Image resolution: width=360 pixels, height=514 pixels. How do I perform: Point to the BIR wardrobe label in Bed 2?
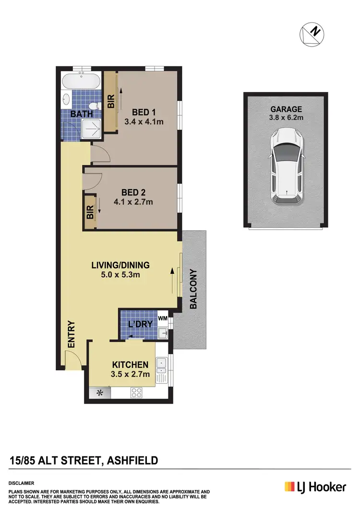click(x=90, y=213)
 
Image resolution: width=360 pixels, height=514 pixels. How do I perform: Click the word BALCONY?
click(x=194, y=289)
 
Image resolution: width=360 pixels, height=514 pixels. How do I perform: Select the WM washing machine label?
click(x=162, y=318)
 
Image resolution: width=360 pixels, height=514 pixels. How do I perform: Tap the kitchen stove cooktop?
click(x=137, y=392)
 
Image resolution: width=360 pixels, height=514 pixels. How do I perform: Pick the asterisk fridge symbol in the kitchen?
click(x=100, y=393)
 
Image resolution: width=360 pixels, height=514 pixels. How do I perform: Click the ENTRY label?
click(x=71, y=334)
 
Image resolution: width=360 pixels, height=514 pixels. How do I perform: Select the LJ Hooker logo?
click(x=315, y=487)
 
